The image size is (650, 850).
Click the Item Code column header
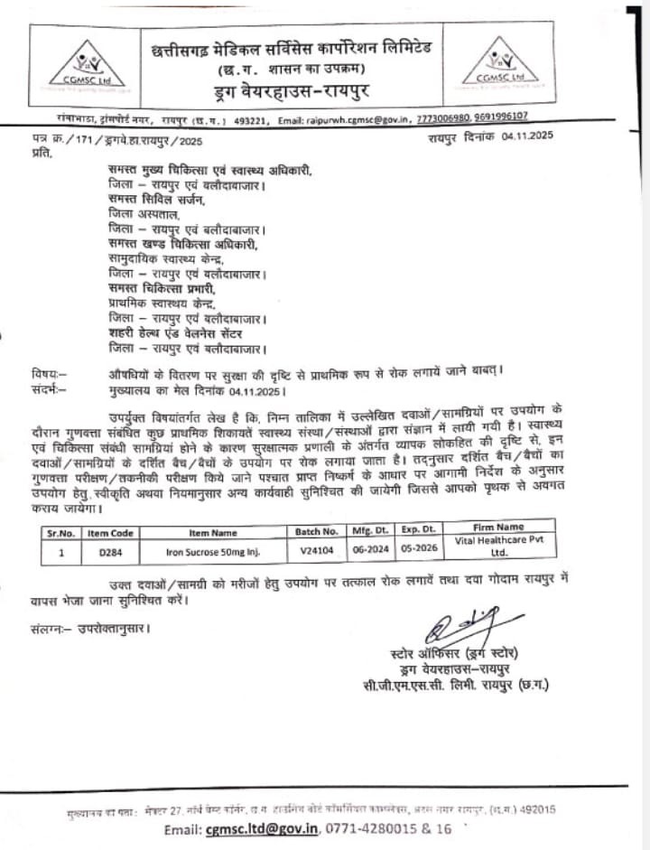coord(110,533)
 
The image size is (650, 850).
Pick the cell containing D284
coord(110,549)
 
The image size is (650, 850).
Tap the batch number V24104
coord(317,548)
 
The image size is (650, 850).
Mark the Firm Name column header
coord(497,527)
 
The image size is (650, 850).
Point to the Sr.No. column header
coord(61,533)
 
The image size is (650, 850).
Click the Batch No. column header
coord(316,532)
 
